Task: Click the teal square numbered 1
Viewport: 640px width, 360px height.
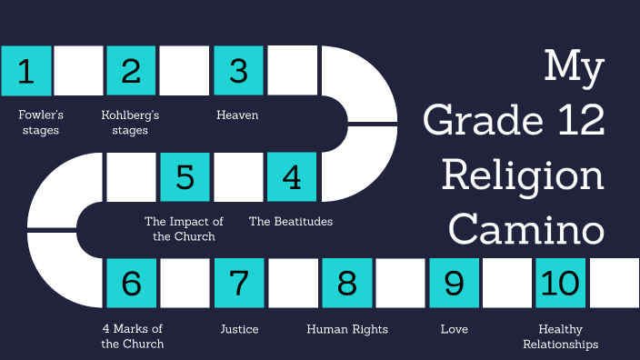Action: tap(26, 70)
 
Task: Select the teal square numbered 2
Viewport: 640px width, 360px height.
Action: tap(132, 70)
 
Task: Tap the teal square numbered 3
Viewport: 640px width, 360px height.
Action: tap(239, 70)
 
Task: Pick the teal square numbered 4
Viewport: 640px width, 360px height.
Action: tap(292, 176)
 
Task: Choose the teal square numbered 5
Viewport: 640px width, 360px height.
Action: tap(185, 176)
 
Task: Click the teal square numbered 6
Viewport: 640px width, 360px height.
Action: tap(132, 283)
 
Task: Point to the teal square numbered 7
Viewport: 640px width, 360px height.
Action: tap(239, 283)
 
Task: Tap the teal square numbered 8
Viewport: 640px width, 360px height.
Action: tap(346, 283)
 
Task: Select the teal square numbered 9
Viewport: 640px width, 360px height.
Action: tap(454, 283)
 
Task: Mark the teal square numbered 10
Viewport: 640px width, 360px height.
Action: tap(560, 283)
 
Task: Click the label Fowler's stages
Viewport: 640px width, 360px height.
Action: tap(39, 123)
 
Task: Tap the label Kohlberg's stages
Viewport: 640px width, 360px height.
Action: tap(131, 123)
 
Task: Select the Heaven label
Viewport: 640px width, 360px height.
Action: tap(237, 115)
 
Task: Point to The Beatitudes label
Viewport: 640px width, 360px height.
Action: tap(291, 221)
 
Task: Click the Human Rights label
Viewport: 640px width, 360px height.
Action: tap(347, 329)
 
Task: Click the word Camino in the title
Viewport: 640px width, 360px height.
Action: tap(526, 230)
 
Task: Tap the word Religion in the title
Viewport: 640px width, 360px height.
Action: tap(523, 175)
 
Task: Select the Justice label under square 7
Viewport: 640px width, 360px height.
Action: tap(239, 329)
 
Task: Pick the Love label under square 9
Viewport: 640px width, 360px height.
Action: tap(454, 329)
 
